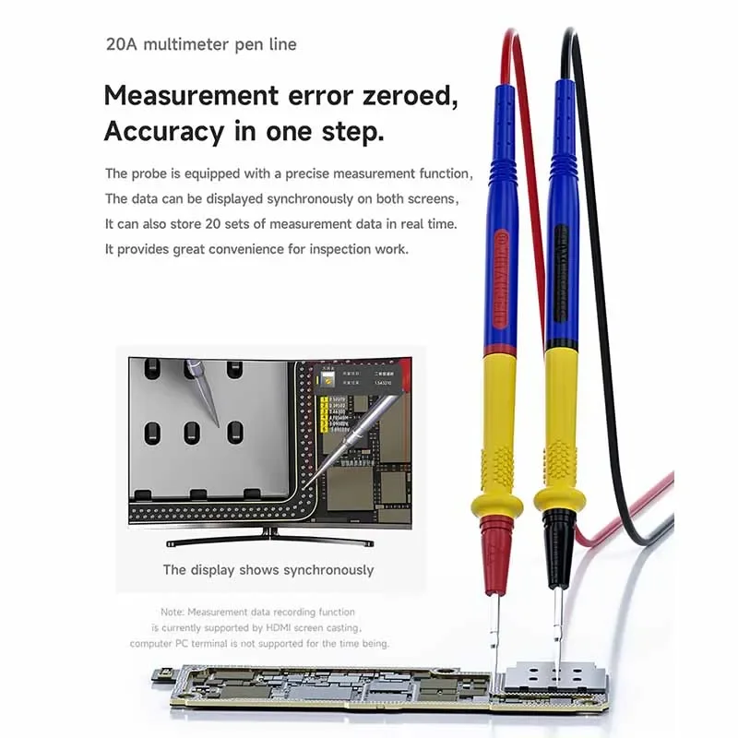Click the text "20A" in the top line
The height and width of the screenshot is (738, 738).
(x=120, y=44)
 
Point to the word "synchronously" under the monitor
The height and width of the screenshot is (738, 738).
(x=328, y=569)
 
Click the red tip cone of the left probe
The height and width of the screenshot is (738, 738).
(x=496, y=553)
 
